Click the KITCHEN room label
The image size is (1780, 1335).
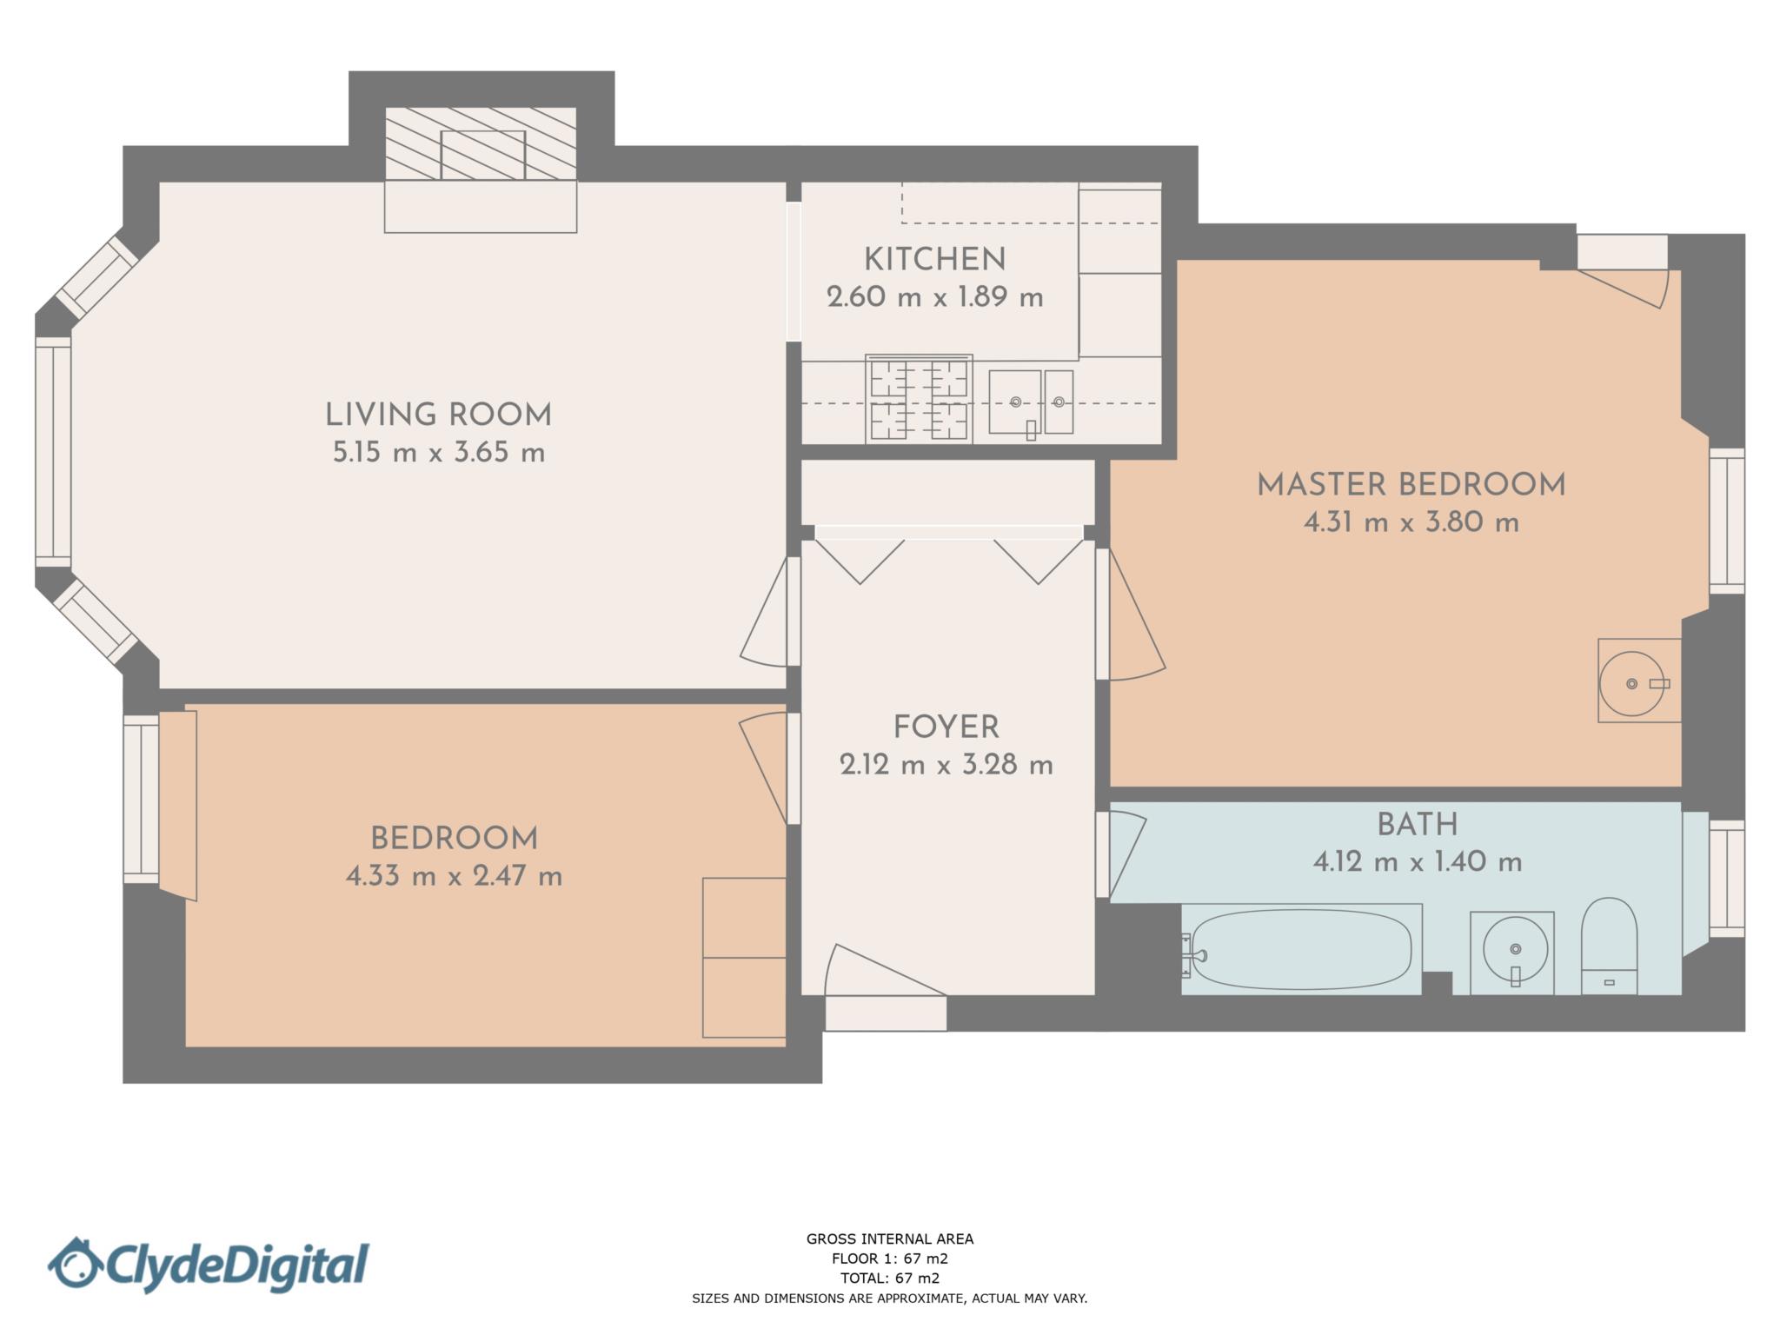934,259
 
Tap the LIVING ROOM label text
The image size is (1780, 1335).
438,415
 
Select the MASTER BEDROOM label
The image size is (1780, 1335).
1411,485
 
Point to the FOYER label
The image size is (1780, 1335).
946,727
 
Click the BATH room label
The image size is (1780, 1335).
1418,824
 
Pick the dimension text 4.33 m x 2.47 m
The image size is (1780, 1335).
454,875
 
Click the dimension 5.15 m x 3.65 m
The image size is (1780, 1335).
439,453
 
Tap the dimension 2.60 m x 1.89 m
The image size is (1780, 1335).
934,297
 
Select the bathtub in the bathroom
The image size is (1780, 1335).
1301,949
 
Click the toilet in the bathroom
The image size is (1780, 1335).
1609,946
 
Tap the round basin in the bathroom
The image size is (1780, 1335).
1515,949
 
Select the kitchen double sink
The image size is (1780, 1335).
1031,402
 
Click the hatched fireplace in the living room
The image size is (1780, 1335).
481,144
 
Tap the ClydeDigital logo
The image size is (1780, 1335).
209,1265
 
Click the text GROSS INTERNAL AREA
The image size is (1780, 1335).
890,1239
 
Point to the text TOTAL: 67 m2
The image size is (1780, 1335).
890,1278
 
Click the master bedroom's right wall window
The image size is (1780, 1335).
1727,521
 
